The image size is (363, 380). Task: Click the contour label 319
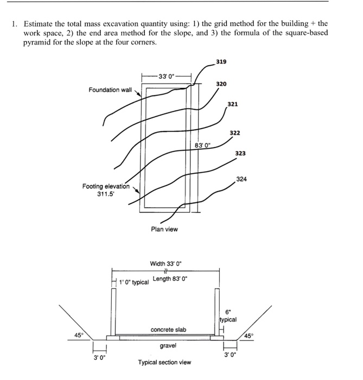(x=221, y=61)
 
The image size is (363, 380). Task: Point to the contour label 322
(x=235, y=133)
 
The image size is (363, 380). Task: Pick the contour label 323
(x=240, y=154)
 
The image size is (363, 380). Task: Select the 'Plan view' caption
(x=164, y=229)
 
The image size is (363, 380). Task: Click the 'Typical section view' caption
(x=164, y=362)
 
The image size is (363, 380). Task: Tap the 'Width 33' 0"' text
(x=166, y=264)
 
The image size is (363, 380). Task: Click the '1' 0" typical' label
(x=133, y=282)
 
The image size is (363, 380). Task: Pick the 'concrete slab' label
(x=168, y=330)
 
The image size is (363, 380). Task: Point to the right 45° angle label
(x=249, y=335)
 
